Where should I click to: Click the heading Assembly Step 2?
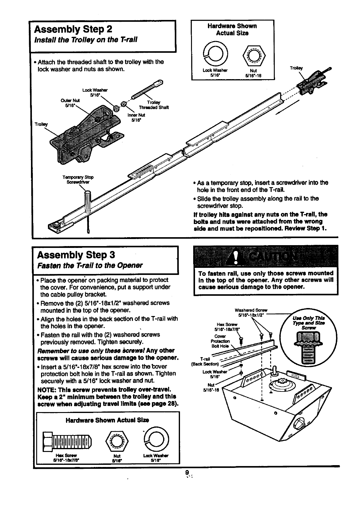coord(73,29)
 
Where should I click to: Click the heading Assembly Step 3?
coord(76,255)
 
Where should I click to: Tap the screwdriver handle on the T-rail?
coord(88,201)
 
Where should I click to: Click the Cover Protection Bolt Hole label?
coord(220,341)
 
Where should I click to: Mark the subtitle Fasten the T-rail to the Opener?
coord(90,265)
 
